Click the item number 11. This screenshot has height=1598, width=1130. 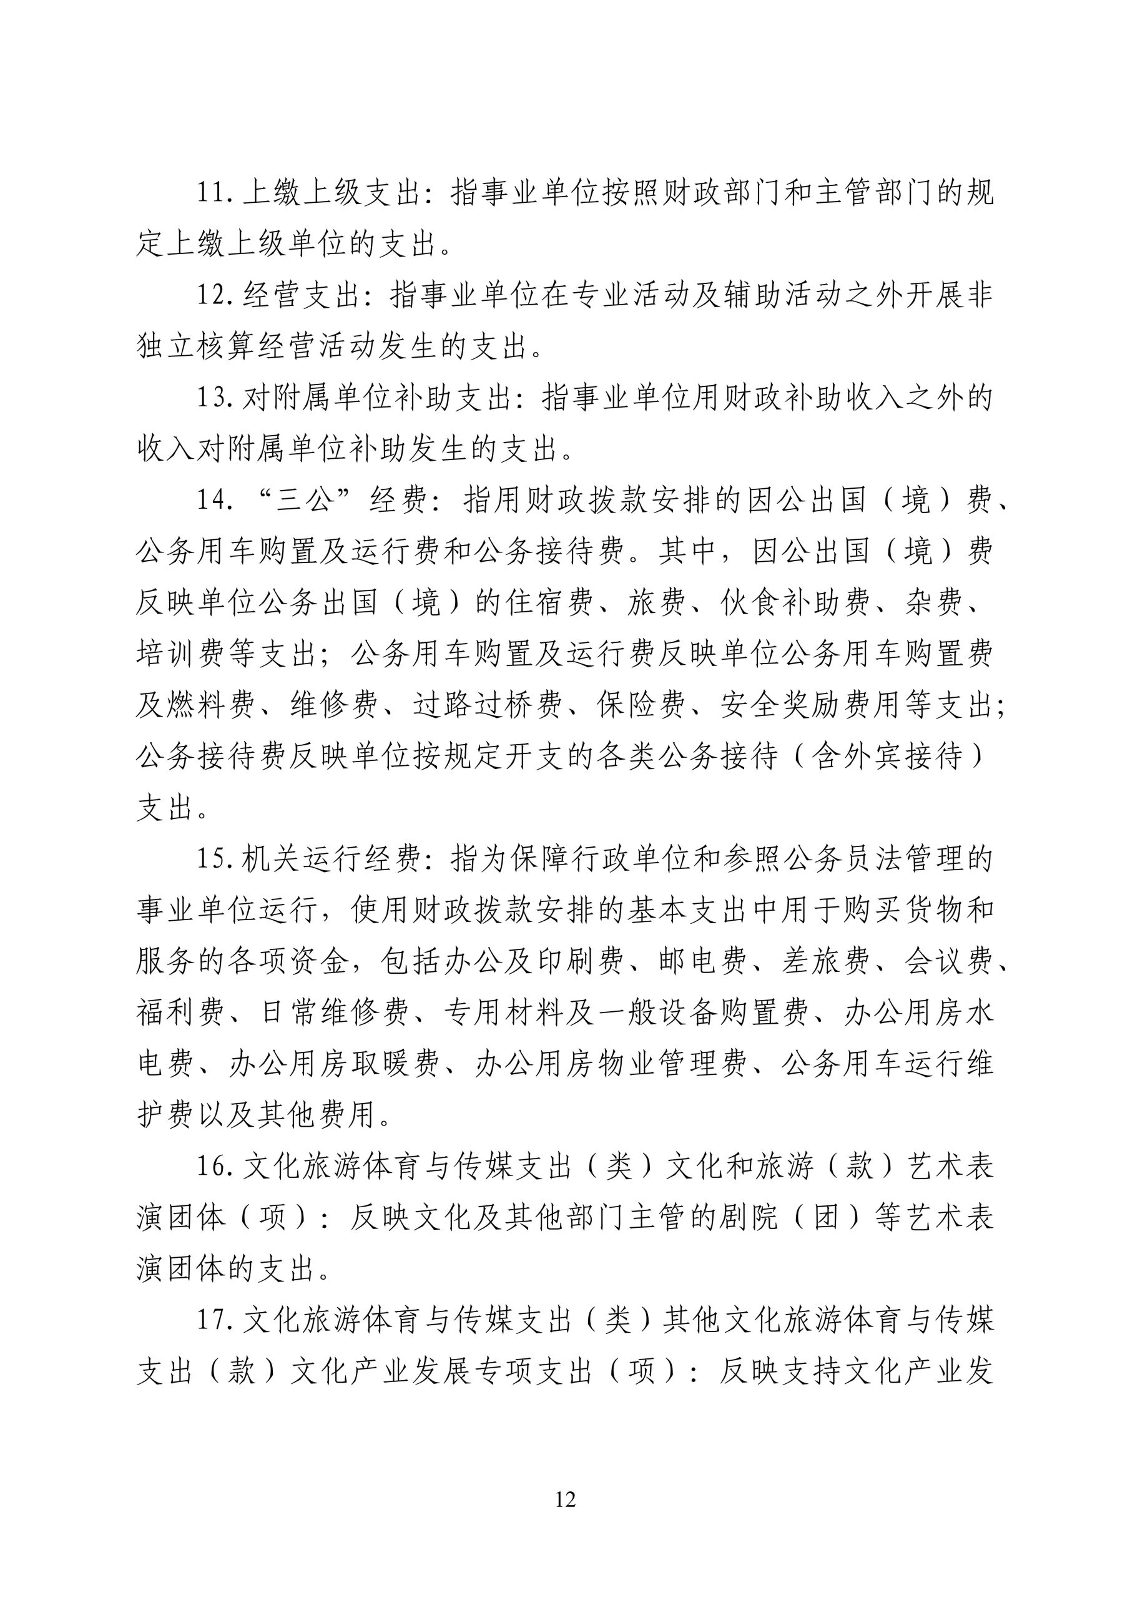(x=213, y=194)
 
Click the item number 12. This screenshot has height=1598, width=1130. (x=213, y=296)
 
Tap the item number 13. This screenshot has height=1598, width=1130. (x=213, y=398)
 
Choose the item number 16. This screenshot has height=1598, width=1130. (x=213, y=1167)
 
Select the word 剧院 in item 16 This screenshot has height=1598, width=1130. (x=748, y=1218)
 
